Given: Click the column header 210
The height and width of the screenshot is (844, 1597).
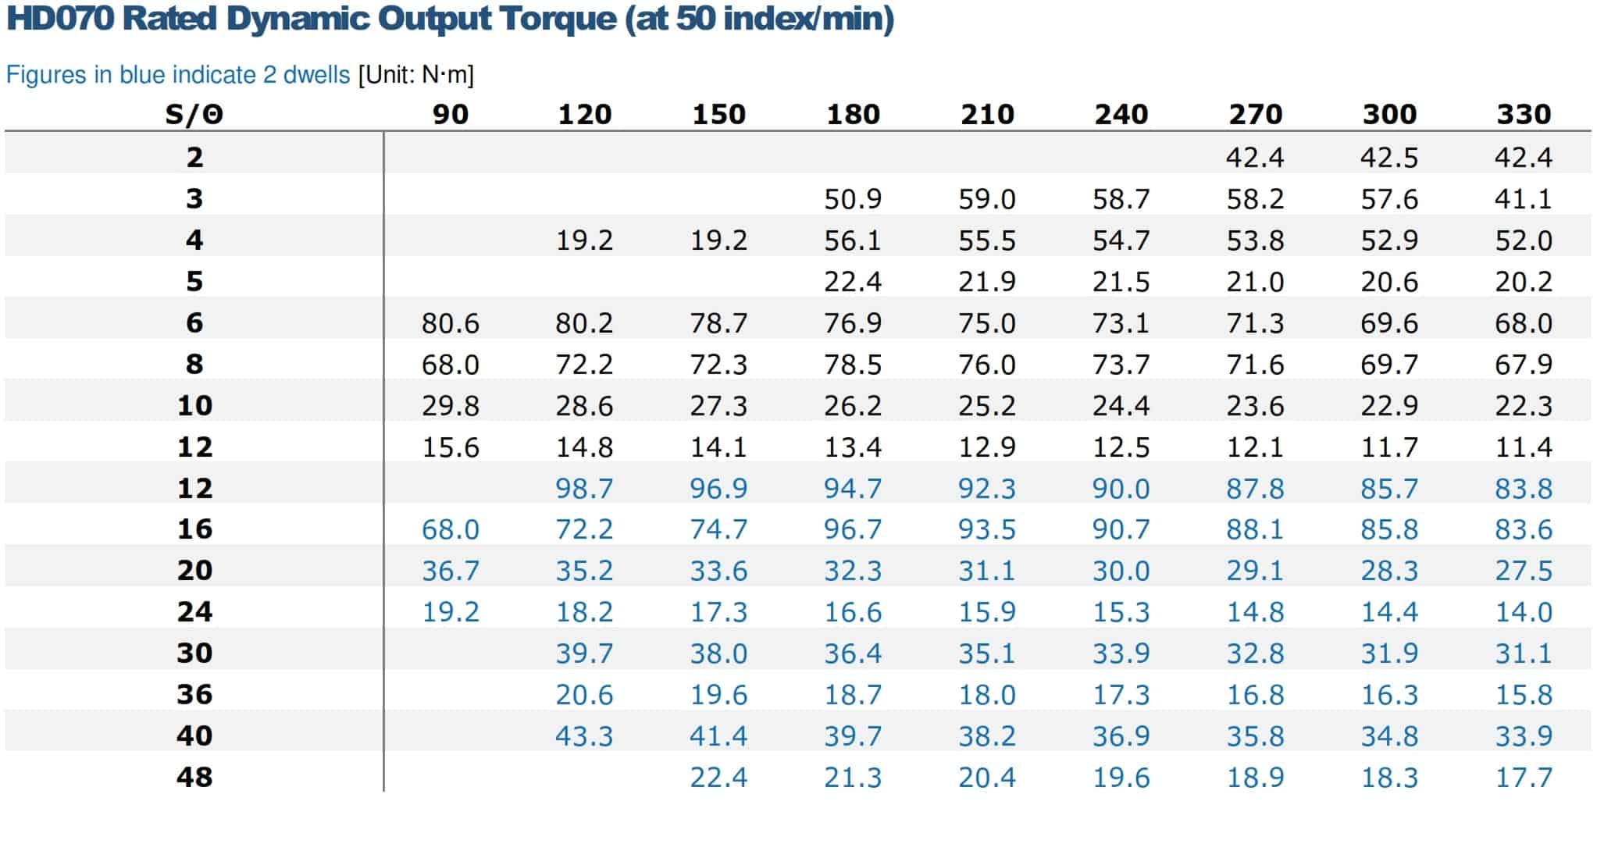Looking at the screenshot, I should tap(987, 115).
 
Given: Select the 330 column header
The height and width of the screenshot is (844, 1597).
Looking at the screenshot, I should tap(1524, 115).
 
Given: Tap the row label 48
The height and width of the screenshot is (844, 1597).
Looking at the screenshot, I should tap(194, 777).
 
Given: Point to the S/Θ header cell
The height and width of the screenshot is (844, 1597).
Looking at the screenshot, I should tap(194, 115).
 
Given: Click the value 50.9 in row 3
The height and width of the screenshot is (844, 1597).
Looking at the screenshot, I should tap(853, 199).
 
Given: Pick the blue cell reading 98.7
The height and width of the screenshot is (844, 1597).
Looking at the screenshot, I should tap(584, 489).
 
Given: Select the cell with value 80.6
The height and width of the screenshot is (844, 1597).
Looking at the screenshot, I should tap(451, 323).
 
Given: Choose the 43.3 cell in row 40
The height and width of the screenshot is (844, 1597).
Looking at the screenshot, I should tap(584, 736).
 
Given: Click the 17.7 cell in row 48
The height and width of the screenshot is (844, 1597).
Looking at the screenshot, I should tap(1524, 778).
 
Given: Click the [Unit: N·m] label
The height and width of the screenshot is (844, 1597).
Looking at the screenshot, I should tap(415, 75).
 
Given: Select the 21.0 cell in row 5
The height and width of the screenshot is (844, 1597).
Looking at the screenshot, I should tap(1255, 282).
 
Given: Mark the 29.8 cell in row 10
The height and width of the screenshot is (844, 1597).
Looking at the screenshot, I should tap(451, 406).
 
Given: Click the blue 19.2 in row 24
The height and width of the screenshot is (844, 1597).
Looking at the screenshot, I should tap(451, 612).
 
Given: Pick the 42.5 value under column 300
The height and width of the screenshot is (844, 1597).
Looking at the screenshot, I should tap(1389, 158).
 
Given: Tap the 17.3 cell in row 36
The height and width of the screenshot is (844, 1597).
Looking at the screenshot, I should tap(1121, 695).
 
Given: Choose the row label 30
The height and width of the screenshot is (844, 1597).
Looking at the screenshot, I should tap(194, 653).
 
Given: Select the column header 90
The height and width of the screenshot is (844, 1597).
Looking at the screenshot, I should tap(451, 115).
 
